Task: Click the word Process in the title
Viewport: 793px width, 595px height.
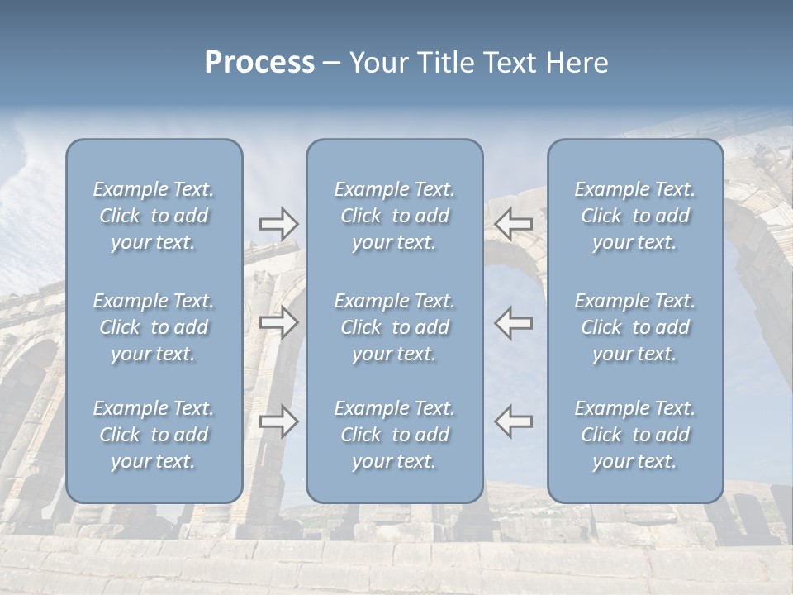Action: click(259, 63)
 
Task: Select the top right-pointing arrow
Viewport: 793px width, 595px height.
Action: click(278, 224)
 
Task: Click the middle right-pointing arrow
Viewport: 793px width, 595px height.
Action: click(278, 322)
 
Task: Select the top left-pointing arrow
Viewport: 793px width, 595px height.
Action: click(514, 224)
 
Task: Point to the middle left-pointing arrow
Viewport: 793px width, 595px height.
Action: click(514, 322)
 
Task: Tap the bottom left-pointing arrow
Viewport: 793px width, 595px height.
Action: click(514, 421)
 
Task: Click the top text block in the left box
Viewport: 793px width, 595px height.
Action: click(154, 216)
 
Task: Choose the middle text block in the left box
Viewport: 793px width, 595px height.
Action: click(154, 327)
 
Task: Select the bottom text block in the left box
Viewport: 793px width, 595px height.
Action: click(154, 435)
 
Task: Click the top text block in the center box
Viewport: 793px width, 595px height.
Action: click(394, 216)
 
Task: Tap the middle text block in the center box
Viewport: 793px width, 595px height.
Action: click(394, 327)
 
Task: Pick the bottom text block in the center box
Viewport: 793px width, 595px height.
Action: click(394, 435)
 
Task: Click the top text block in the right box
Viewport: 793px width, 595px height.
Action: click(634, 216)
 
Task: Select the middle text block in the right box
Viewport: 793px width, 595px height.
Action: click(634, 327)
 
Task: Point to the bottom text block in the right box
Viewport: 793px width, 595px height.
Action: click(634, 435)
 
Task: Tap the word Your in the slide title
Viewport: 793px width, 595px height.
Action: click(376, 63)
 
